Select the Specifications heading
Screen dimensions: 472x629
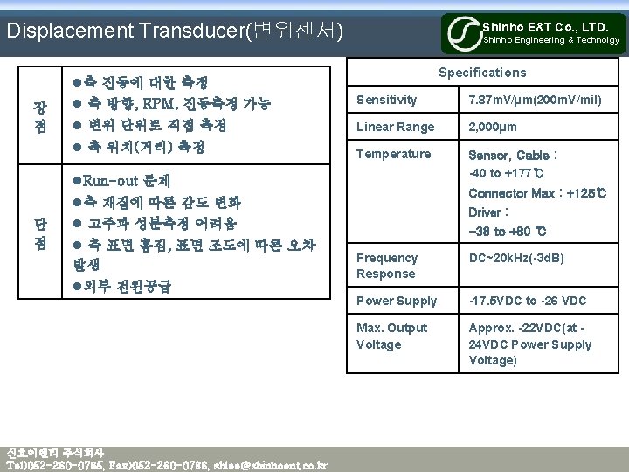click(482, 73)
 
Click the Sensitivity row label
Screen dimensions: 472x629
click(386, 100)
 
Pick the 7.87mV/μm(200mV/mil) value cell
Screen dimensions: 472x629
click(535, 100)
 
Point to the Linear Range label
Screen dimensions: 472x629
click(395, 127)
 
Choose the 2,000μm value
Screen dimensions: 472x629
click(493, 127)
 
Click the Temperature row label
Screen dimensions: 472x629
click(393, 154)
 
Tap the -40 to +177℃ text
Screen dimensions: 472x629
click(508, 172)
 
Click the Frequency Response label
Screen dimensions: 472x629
click(387, 266)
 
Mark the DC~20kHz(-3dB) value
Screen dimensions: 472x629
click(516, 258)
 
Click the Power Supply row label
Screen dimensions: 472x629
click(397, 301)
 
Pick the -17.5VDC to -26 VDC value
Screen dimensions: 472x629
click(527, 301)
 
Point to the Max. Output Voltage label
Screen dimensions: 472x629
click(391, 336)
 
